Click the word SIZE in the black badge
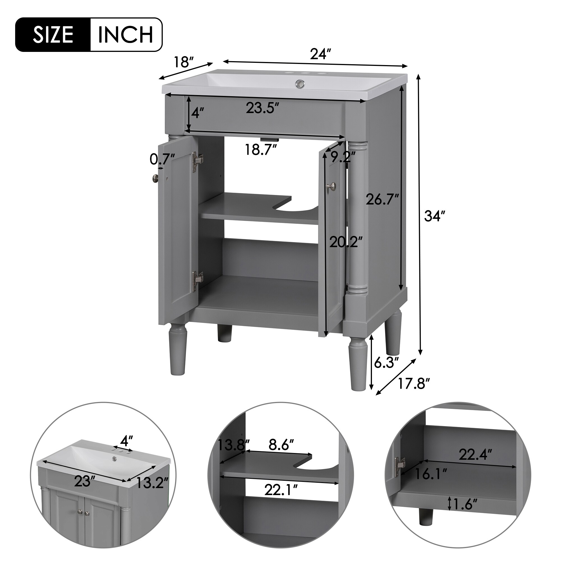coord(53,35)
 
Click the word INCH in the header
coord(126,35)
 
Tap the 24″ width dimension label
coord(320,54)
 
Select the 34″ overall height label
coord(434,216)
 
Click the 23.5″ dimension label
coord(263,108)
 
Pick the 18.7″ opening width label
coord(261,150)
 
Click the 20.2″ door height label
coord(346,242)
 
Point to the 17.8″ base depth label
coord(413,384)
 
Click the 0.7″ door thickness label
coord(162,159)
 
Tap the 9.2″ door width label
coord(343,158)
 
